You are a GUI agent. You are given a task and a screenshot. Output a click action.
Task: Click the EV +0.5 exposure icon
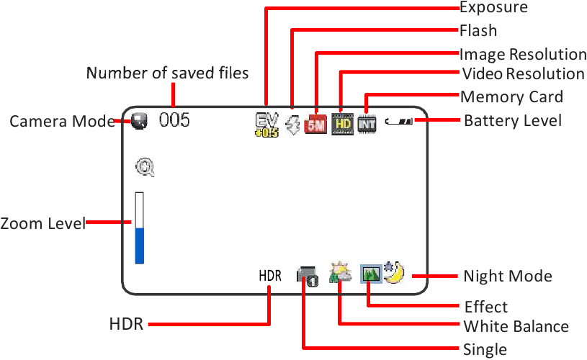[x=267, y=125]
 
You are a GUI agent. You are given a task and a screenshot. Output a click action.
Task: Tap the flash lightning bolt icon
[x=292, y=125]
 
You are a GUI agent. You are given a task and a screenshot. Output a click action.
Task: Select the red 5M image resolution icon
[x=315, y=125]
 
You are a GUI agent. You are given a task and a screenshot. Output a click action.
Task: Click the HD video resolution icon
[x=343, y=124]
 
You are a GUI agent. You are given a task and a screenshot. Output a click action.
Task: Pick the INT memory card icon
[x=367, y=125]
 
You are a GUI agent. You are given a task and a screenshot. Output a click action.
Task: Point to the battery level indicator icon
[x=399, y=121]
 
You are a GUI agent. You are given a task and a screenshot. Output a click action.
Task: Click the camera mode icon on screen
[x=139, y=121]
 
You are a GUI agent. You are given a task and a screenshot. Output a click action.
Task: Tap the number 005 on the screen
[x=174, y=120]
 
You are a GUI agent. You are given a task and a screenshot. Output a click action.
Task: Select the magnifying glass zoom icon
[x=145, y=167]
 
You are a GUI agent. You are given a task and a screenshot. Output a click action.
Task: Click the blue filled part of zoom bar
[x=140, y=246]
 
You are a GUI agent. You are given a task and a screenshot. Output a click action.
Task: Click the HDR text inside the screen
[x=270, y=276]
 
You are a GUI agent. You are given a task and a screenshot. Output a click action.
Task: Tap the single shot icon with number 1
[x=308, y=276]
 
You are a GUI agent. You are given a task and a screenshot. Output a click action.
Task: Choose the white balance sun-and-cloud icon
[x=340, y=272]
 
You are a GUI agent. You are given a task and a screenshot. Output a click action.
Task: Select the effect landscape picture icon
[x=371, y=274]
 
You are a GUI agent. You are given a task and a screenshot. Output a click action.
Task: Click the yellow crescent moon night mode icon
[x=395, y=272]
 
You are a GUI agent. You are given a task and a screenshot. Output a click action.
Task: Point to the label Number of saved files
[x=167, y=73]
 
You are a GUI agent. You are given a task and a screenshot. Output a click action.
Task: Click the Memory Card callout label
[x=512, y=97]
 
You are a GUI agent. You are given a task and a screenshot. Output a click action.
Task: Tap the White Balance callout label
[x=516, y=326]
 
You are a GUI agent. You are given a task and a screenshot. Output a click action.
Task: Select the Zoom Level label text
[x=43, y=223]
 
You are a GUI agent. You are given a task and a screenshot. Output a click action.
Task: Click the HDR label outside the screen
[x=126, y=324]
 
